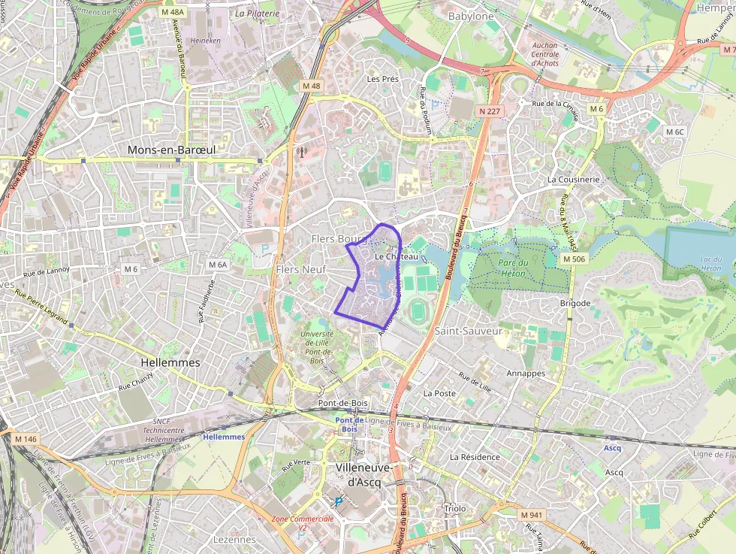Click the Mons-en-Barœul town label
[171, 150]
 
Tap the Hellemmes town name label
[170, 362]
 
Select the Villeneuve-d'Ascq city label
[363, 474]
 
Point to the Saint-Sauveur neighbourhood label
[468, 331]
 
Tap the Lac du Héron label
[710, 263]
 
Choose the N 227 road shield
[488, 111]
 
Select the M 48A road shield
[172, 13]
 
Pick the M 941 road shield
[532, 515]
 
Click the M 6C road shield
[675, 132]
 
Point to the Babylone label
[471, 16]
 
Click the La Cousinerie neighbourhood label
[573, 180]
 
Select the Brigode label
[575, 303]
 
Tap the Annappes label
[526, 373]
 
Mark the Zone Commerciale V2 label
[303, 523]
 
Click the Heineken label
[205, 41]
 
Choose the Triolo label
[455, 508]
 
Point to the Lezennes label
[234, 539]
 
